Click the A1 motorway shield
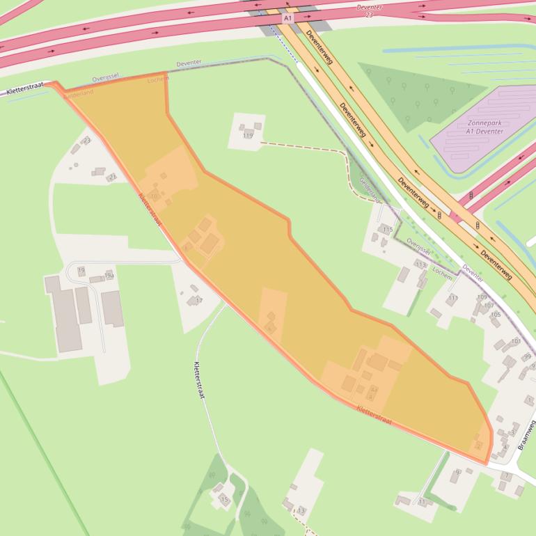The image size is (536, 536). (287, 17)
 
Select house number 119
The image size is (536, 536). (248, 135)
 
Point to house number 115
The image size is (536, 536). (388, 229)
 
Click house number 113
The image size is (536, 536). (420, 265)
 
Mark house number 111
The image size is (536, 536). (453, 298)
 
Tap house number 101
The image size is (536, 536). (516, 341)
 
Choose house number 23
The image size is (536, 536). (86, 141)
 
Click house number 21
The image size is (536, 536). (111, 177)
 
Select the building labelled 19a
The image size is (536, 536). (109, 276)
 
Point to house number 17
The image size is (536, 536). (198, 300)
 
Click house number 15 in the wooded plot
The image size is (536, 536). (224, 499)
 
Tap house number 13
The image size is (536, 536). (301, 511)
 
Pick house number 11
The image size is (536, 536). (423, 501)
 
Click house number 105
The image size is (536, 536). (495, 315)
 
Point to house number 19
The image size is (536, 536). (81, 270)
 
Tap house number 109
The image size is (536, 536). (482, 297)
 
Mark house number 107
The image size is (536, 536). (489, 306)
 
